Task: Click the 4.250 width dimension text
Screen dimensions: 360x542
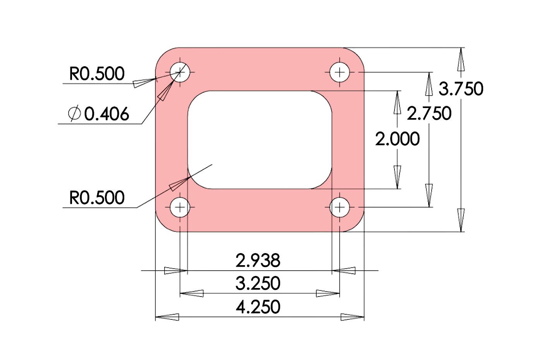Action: point(258,307)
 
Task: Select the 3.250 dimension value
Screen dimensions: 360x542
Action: point(258,283)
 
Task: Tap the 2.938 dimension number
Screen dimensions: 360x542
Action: point(258,261)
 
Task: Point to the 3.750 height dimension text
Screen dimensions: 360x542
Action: point(461,89)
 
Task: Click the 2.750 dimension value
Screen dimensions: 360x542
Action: point(429,113)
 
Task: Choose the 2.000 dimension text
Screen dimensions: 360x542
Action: point(397,139)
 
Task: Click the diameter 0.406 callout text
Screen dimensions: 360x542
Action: point(106,114)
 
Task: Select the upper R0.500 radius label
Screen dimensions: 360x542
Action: point(97,74)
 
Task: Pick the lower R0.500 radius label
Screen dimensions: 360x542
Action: point(97,198)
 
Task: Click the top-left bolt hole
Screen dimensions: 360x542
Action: point(180,72)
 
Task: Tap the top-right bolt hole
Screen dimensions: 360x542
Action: point(340,72)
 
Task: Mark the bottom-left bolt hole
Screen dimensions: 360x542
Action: point(180,207)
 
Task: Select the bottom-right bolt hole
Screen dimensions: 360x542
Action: point(340,207)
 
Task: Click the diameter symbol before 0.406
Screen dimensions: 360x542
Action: point(74,114)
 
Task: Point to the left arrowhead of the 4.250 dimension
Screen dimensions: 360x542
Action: point(167,317)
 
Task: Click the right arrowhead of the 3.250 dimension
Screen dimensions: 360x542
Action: point(328,293)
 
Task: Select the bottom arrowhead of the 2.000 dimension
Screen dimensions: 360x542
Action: point(397,177)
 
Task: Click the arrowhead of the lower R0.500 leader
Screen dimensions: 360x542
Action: point(180,183)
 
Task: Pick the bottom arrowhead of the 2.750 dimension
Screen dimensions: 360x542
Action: point(429,195)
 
